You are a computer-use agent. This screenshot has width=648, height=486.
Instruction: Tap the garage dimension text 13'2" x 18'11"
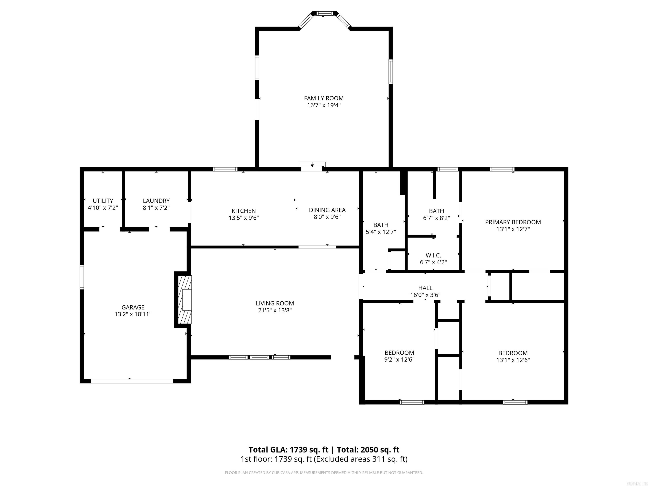(133, 314)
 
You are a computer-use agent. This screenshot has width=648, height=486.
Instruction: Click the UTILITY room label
(103, 201)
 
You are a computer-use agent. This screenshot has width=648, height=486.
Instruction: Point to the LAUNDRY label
(156, 201)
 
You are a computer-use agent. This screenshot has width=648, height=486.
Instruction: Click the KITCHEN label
(243, 211)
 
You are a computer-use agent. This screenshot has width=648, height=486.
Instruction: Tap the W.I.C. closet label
(433, 255)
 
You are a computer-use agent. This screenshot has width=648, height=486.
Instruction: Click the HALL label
(425, 288)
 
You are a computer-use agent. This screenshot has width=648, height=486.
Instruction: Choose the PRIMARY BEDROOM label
(513, 222)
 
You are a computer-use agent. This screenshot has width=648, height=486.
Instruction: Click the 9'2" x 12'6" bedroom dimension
(399, 360)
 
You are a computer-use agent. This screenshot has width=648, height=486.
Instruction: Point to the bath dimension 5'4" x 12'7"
(381, 232)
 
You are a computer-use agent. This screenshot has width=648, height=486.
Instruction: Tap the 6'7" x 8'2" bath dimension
(436, 218)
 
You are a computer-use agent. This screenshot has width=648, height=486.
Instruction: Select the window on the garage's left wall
(82, 277)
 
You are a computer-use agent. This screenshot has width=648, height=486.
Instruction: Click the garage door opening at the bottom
(132, 381)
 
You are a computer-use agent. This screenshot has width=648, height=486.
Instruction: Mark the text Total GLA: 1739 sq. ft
(288, 450)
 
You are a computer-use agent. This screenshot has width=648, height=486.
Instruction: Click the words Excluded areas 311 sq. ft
(360, 459)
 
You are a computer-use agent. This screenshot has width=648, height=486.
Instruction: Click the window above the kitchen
(225, 169)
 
